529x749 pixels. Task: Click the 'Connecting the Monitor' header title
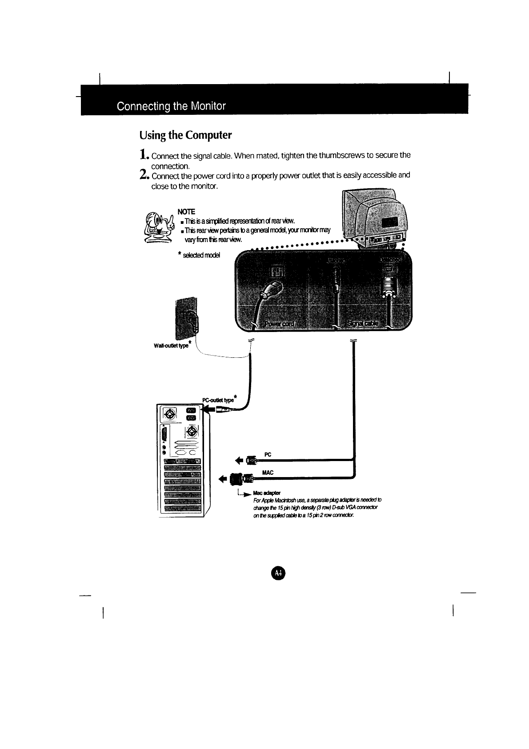171,106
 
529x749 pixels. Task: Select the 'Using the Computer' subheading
185,134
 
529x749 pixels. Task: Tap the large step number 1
143,155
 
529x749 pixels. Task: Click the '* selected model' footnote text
198,255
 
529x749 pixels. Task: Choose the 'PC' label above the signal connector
268,454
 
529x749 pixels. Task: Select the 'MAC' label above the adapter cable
268,472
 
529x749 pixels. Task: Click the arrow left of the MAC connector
223,479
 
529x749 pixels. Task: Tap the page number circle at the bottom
277,573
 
